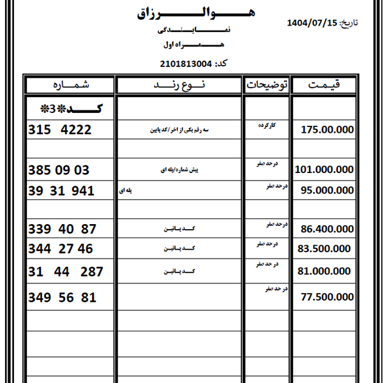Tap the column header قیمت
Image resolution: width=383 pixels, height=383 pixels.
(324, 85)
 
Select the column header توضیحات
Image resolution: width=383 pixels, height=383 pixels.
(266, 85)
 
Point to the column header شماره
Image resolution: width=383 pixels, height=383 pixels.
(69, 85)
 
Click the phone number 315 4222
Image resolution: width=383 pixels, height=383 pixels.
(60, 130)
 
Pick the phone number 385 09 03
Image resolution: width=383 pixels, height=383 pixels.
(59, 170)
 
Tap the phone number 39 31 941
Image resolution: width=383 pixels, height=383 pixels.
(61, 191)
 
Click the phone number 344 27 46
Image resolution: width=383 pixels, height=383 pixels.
(61, 248)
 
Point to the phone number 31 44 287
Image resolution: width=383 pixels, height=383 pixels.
(65, 272)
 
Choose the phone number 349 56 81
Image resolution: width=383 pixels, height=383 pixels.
(62, 297)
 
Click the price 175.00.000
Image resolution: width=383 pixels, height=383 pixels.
(327, 130)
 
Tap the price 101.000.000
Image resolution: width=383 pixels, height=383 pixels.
(324, 170)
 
